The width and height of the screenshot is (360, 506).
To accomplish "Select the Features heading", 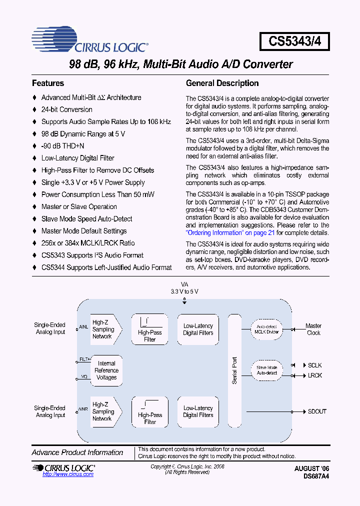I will point(48,83).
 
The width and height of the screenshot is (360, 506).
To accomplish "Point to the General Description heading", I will point(222,83).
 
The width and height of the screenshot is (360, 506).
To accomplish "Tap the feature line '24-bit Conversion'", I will point(66,109).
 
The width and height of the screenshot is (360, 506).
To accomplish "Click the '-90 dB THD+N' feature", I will point(62,146).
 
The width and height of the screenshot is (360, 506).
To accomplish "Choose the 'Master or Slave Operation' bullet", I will point(79,206).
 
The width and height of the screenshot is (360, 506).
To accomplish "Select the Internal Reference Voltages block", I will point(106,370).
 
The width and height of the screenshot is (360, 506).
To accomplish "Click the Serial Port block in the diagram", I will point(234,370).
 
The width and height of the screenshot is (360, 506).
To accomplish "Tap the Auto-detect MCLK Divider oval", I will point(266,329).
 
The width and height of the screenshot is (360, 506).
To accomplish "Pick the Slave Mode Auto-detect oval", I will point(266,370).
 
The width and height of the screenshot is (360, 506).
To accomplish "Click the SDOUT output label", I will point(317,411).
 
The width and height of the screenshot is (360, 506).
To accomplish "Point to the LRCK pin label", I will point(315,375).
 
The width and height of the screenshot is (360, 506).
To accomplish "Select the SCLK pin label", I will point(315,365).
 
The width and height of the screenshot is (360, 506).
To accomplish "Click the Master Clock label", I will point(313,329).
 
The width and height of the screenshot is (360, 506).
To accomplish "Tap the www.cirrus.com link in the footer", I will point(68,474).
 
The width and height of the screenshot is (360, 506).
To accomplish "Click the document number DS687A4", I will point(316,476).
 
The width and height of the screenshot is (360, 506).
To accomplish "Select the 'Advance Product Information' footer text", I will point(77,452).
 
